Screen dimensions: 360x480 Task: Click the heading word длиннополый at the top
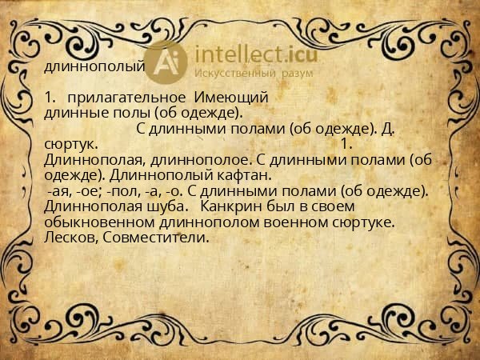(x=94, y=66)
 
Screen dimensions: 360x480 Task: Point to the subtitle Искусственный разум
(x=254, y=72)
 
